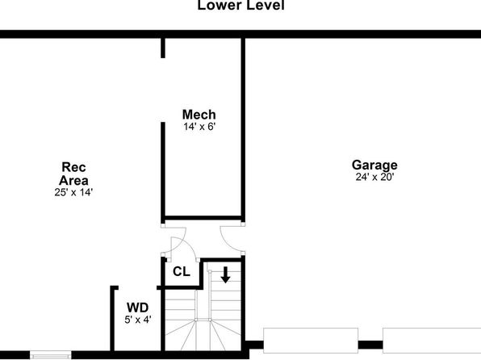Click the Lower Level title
click(x=240, y=5)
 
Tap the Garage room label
click(x=374, y=165)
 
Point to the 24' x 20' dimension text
click(x=374, y=177)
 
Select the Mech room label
click(x=199, y=115)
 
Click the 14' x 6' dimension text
click(x=199, y=127)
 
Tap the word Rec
click(x=73, y=167)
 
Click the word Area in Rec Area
click(x=73, y=181)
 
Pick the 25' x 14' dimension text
click(x=73, y=192)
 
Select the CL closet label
click(x=182, y=271)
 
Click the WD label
click(x=138, y=308)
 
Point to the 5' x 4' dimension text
click(x=138, y=320)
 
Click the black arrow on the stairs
click(x=225, y=274)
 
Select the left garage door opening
click(x=311, y=341)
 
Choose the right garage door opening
click(x=432, y=341)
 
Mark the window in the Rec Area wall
click(x=51, y=355)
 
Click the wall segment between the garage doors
click(x=370, y=345)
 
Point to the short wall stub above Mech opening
click(x=163, y=48)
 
